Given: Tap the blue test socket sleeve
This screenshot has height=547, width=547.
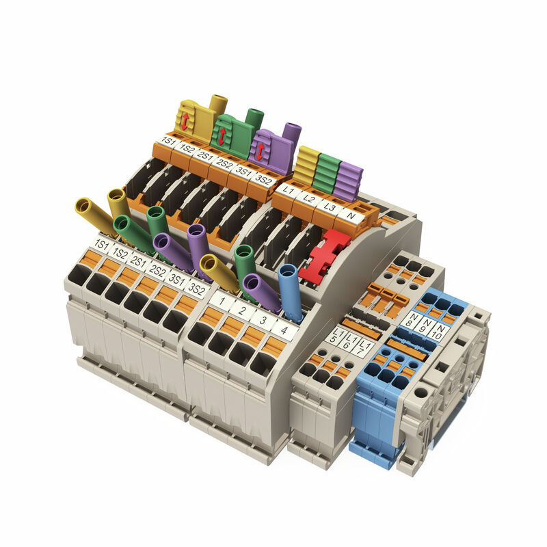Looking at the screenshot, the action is coord(290,291).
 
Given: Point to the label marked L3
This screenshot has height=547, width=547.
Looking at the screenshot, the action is coord(329,207).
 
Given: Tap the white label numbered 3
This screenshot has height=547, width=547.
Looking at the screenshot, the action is coord(263,319).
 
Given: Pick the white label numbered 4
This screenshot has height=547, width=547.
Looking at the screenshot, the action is coord(284,330).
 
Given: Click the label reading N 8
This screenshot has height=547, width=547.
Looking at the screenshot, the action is coord(412,320).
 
